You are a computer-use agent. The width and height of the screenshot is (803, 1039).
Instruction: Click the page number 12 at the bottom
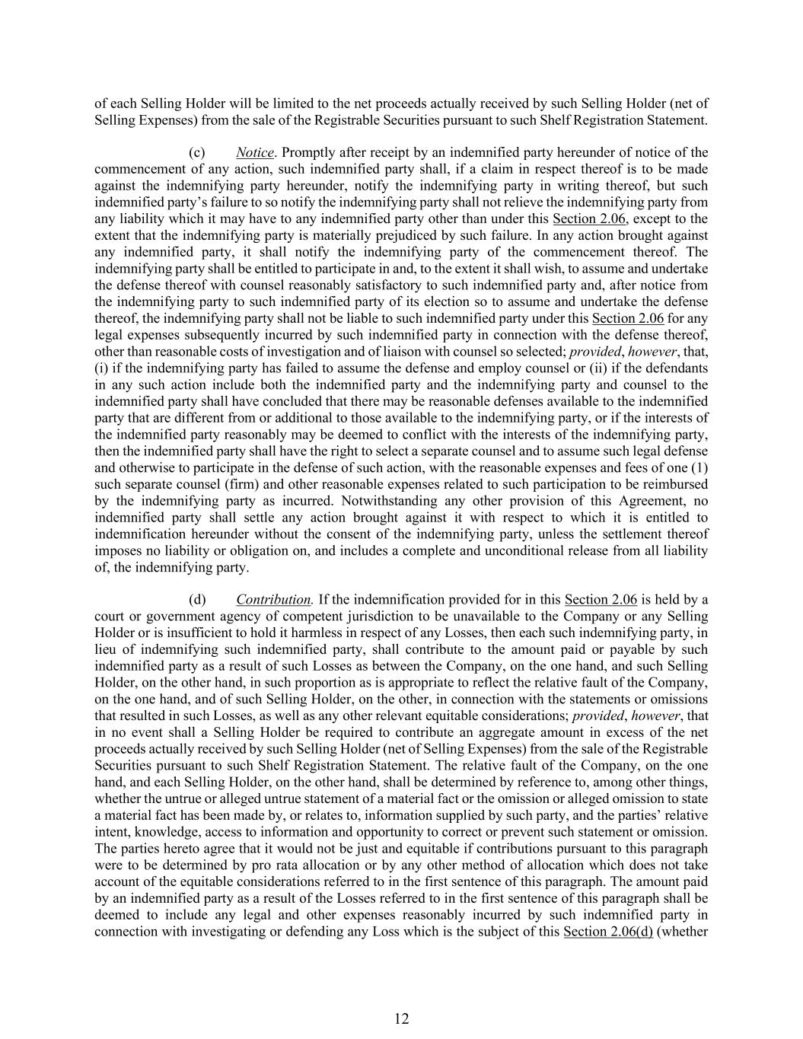click(x=402, y=1019)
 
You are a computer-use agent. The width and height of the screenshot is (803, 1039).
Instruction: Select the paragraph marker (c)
click(x=196, y=153)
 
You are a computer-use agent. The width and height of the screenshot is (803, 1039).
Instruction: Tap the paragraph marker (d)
click(x=196, y=600)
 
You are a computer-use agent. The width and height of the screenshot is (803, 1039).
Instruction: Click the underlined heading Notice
click(x=254, y=153)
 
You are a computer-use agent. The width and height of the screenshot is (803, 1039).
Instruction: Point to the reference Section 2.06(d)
click(x=608, y=932)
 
